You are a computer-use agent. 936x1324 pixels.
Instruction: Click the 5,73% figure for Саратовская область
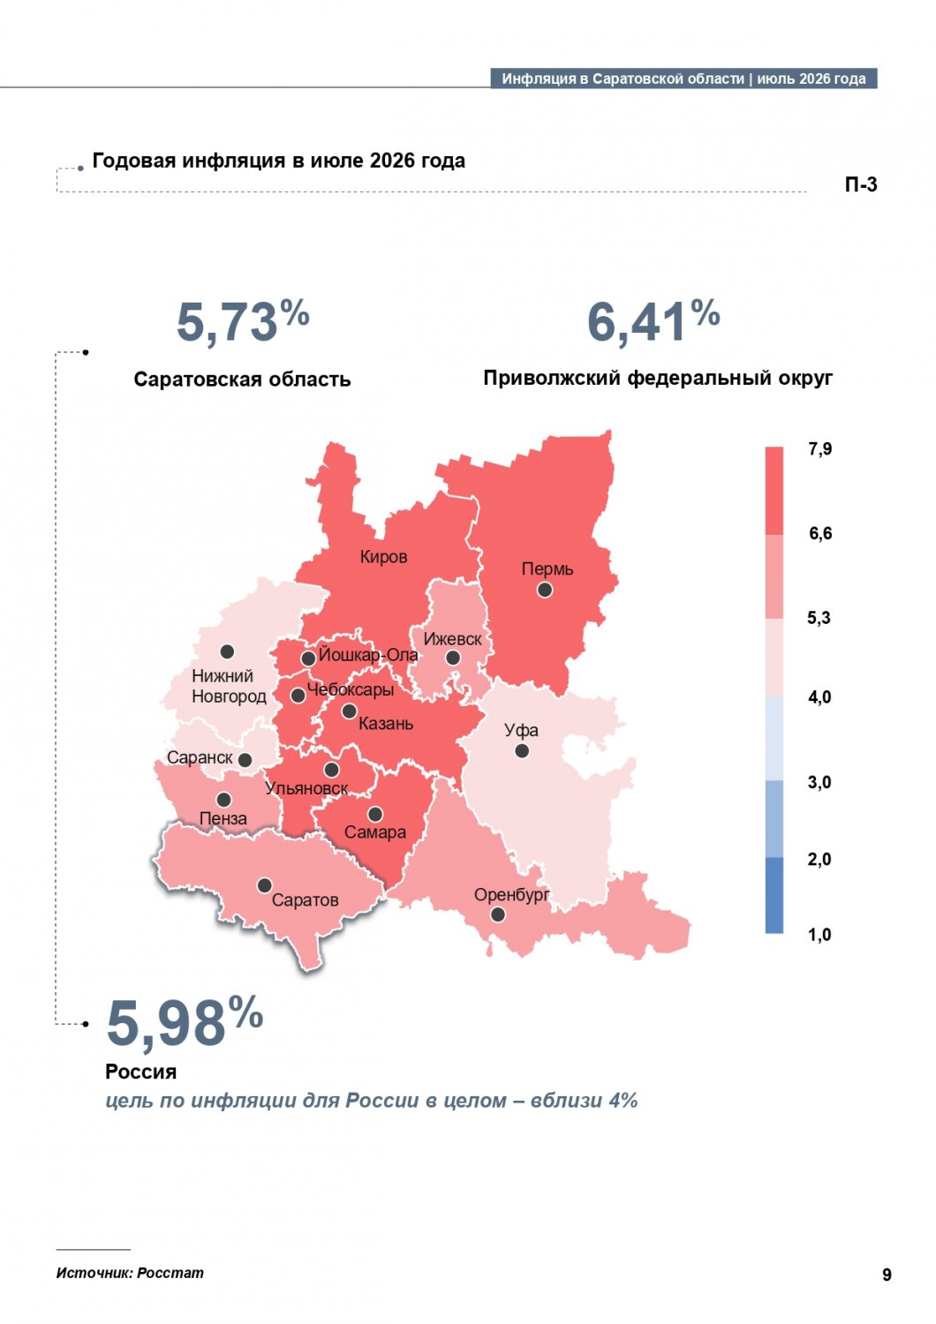243,320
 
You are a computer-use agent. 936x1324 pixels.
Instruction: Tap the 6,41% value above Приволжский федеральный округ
653,320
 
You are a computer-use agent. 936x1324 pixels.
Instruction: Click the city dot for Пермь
545,590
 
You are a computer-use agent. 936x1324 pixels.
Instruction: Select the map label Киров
383,557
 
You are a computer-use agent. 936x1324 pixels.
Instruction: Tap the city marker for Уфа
522,751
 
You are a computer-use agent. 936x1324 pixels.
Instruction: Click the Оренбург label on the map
511,895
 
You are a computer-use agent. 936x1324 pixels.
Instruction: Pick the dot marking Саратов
264,885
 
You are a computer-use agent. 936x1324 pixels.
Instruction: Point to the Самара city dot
375,815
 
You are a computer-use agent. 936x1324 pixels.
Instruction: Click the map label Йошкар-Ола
368,655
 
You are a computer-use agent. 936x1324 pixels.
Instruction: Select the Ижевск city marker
453,658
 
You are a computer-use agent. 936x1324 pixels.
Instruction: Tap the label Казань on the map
386,724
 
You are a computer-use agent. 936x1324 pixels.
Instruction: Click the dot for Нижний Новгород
227,651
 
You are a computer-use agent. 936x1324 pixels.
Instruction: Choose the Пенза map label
223,818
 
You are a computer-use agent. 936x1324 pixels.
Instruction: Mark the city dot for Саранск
245,760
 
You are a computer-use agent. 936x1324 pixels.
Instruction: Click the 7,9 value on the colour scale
819,449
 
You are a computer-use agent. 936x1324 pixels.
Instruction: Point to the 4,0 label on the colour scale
819,697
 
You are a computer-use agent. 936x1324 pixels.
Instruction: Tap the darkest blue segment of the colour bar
774,896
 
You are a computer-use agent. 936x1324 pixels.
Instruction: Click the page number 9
887,1275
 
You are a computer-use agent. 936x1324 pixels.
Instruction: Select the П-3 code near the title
860,185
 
